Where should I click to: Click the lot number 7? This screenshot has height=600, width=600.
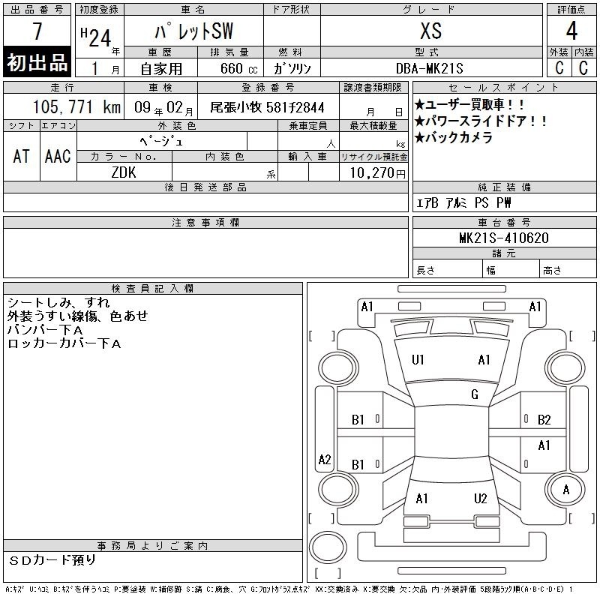click(x=37, y=31)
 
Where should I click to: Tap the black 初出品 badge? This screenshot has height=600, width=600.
click(x=37, y=62)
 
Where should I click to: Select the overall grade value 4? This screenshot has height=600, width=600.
click(x=571, y=31)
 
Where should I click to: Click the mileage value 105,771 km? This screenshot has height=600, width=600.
click(x=76, y=106)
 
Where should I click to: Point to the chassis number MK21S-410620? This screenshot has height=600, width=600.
click(x=503, y=238)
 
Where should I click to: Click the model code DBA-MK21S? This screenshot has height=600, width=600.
click(x=429, y=68)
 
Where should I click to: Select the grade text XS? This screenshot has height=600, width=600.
click(x=430, y=31)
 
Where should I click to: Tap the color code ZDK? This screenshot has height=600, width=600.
click(x=124, y=172)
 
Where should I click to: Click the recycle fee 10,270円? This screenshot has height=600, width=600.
click(x=378, y=173)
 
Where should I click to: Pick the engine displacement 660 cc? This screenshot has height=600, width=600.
click(x=238, y=68)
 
